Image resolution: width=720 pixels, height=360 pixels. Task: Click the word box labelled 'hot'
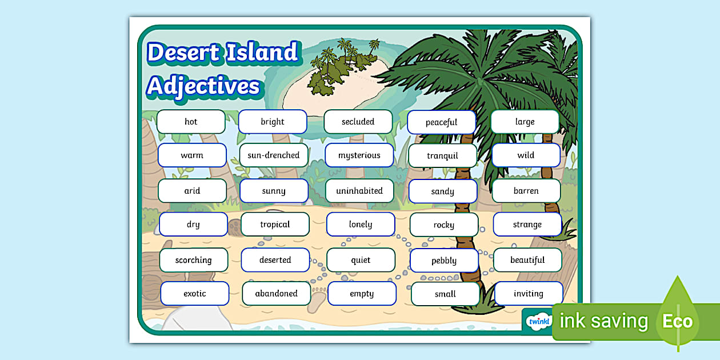191,122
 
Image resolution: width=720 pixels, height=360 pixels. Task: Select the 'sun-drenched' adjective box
274,155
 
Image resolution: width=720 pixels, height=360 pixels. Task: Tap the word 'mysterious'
359,155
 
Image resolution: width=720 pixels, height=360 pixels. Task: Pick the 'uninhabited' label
359,191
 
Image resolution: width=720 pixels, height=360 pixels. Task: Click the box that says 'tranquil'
442,156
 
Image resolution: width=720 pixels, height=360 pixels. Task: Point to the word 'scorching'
193,260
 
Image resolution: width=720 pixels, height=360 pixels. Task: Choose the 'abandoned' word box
276,294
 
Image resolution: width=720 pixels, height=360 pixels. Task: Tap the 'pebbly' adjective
444,261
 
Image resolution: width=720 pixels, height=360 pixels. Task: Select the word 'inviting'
529,294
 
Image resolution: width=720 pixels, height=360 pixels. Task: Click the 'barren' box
526,191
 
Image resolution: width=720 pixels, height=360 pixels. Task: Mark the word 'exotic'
195,294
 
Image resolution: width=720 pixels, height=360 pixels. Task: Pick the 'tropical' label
275,225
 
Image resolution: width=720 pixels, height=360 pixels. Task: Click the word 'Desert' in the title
183,53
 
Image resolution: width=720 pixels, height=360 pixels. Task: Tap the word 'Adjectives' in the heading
203,86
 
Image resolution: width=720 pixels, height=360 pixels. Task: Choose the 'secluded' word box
358,122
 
